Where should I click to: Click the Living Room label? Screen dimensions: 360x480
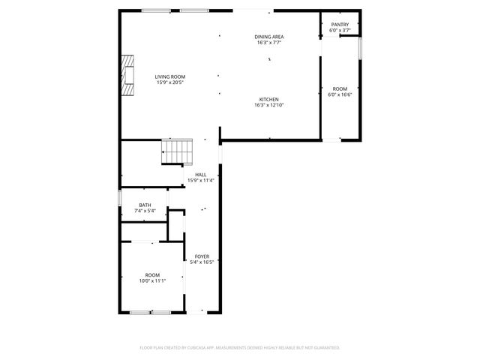170,76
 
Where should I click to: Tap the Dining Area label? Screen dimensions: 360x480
268,37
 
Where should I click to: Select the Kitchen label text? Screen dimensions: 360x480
268,100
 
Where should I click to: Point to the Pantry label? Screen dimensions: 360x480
340,25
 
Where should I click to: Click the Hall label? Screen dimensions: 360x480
200,175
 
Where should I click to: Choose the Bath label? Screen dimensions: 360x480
145,205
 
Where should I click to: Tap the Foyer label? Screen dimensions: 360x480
202,256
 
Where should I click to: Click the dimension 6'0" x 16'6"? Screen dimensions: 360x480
340,95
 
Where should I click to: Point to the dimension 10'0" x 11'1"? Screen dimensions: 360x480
152,280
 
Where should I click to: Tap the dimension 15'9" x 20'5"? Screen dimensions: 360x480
170,82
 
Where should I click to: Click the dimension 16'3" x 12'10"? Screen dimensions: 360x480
268,106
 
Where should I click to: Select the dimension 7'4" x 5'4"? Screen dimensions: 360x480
145,211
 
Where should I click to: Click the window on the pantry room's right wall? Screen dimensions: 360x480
360,46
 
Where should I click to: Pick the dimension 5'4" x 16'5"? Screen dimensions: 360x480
202,262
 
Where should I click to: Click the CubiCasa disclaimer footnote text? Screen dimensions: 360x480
240,348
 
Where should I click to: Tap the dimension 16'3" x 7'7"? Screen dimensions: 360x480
268,43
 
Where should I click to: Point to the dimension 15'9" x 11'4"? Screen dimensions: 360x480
200,181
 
